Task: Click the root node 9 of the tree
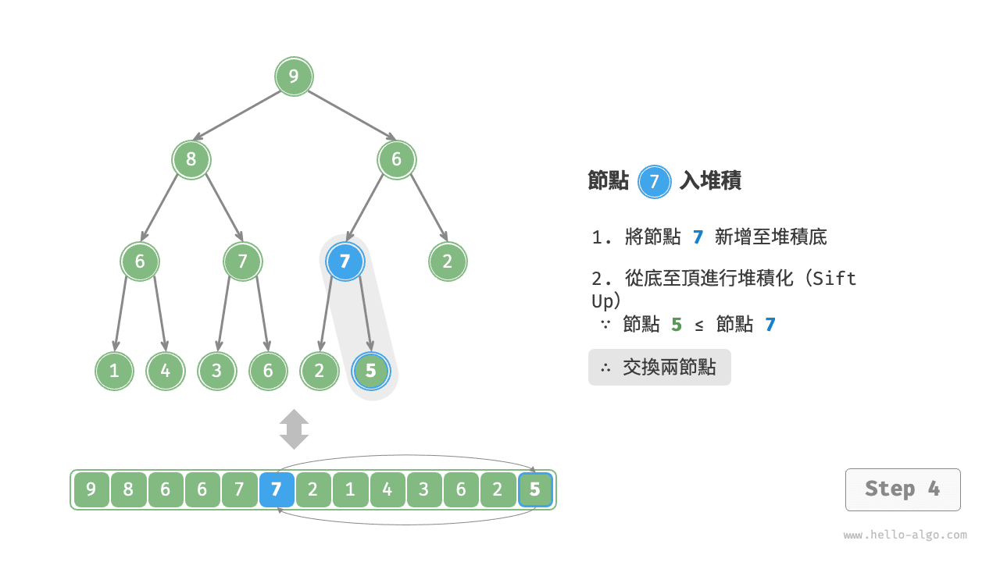tap(294, 76)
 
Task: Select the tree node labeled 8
tap(191, 160)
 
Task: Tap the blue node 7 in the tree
tap(345, 261)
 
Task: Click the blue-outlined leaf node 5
tap(371, 372)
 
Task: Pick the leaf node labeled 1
tap(115, 372)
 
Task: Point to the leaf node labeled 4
tap(166, 372)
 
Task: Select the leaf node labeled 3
tap(217, 372)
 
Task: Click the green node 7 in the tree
tap(242, 261)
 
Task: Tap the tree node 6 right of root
tap(397, 160)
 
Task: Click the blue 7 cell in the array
tap(277, 490)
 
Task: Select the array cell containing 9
tap(91, 490)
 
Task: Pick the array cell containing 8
tap(128, 490)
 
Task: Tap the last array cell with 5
tap(535, 490)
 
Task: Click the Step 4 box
tap(902, 489)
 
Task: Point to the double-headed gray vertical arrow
tap(295, 429)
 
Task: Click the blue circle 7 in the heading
tap(655, 182)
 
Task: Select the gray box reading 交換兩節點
tap(659, 367)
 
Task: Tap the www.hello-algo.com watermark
tap(905, 535)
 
